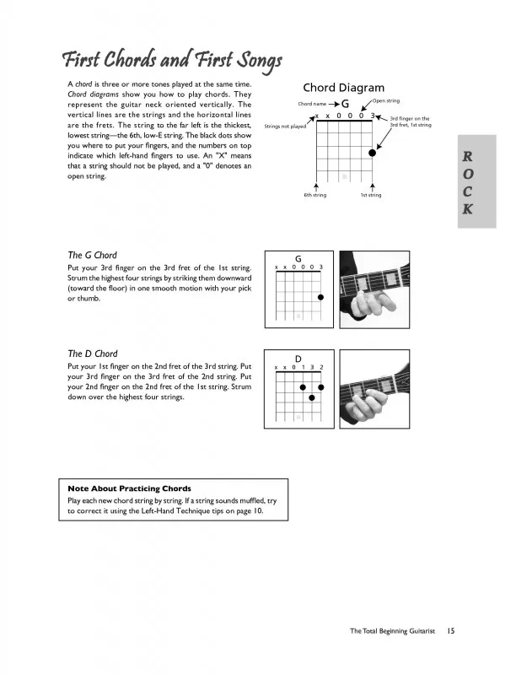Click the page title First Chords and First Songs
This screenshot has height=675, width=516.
(170, 60)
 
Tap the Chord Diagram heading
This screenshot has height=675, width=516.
(343, 88)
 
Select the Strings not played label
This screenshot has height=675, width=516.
(285, 127)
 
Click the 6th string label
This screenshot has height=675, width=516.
(315, 195)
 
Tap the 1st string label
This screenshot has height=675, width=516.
(371, 195)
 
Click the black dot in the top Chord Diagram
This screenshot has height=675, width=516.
(372, 153)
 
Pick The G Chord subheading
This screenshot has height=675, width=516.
(92, 255)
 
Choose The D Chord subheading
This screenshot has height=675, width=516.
(92, 354)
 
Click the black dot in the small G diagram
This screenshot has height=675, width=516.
(321, 297)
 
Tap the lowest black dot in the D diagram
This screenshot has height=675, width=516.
(312, 397)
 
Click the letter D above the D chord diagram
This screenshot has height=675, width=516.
(298, 358)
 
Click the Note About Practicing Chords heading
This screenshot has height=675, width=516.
(129, 489)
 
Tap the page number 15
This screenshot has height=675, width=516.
(452, 630)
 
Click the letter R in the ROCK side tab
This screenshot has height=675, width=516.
(468, 156)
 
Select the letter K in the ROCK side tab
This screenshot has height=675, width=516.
(468, 210)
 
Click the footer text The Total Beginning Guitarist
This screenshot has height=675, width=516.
(393, 630)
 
